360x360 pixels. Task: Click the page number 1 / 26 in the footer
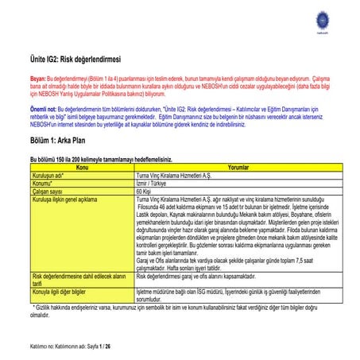(x=103, y=347)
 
